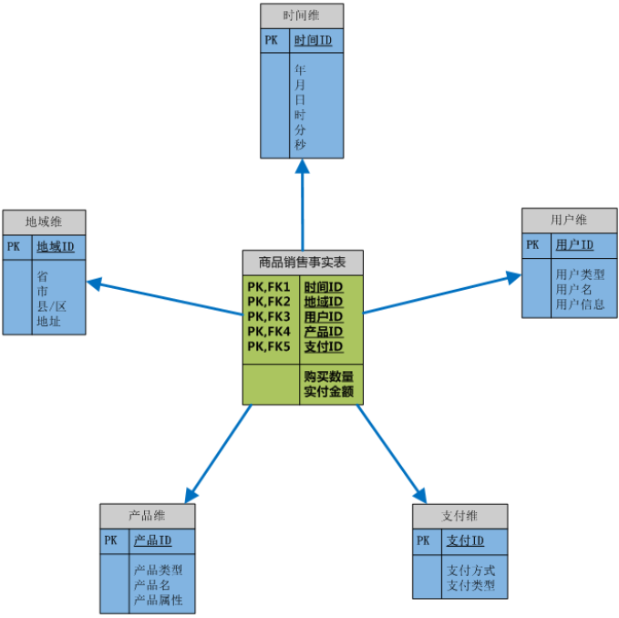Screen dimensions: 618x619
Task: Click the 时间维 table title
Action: point(302,15)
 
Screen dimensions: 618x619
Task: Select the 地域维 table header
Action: point(44,221)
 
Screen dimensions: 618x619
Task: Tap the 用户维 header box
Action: point(569,220)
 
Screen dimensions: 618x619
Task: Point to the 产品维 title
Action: point(148,515)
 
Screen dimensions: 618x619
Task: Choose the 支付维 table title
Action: point(459,516)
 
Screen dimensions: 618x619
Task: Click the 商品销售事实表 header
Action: point(303,262)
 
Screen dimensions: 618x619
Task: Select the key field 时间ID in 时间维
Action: point(313,41)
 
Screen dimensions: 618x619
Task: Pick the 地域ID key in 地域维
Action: point(55,247)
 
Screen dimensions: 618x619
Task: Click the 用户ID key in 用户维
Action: point(574,245)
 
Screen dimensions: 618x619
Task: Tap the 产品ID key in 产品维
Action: point(153,541)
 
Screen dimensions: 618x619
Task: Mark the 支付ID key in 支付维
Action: point(465,541)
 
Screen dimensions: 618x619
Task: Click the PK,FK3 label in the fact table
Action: point(268,316)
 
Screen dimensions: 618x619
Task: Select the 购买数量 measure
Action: point(328,376)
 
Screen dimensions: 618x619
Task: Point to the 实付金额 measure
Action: point(328,393)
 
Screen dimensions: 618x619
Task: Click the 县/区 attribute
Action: point(52,305)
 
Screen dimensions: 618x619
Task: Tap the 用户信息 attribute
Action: point(580,304)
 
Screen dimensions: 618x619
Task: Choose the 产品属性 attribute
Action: point(159,600)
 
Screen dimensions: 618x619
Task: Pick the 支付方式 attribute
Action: point(471,570)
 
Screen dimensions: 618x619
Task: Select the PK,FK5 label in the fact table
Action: point(268,346)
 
